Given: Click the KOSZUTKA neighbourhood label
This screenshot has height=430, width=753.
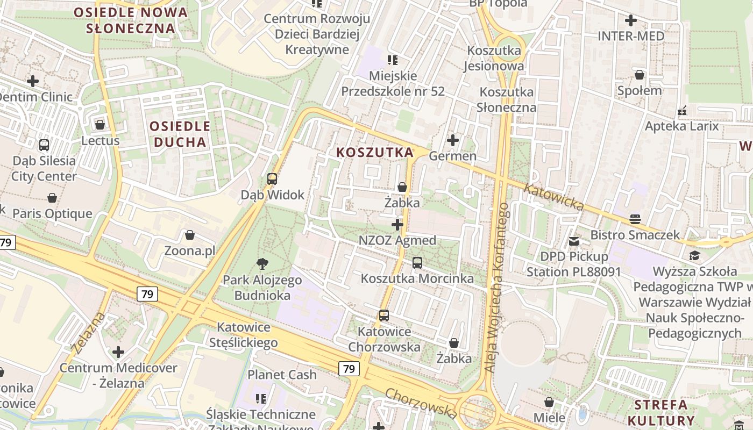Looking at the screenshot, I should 375,153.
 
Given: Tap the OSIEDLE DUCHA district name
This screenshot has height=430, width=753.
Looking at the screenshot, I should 180,134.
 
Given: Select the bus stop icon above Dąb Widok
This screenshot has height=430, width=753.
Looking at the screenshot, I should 272,179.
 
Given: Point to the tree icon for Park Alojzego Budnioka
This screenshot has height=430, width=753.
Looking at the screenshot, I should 262,263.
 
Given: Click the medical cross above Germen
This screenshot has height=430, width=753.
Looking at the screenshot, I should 453,140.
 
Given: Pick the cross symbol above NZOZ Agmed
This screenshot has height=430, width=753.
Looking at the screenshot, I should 397,224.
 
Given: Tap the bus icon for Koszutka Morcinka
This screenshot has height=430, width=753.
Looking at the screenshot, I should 417,263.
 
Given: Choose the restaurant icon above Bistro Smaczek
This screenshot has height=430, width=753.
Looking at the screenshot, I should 635,219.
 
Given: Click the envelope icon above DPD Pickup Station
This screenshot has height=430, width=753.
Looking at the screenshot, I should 574,241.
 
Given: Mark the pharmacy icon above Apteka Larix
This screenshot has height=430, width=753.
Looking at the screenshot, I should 682,111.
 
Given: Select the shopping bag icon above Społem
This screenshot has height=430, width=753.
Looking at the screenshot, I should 640,75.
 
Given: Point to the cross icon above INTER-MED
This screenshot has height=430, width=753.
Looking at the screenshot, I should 631,20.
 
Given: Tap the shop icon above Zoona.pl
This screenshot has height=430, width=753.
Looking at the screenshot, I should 189,235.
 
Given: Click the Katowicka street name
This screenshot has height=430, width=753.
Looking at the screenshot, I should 554,197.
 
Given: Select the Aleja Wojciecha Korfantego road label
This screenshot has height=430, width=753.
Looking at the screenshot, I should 495,288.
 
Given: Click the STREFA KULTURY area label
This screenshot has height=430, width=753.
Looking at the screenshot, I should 661,412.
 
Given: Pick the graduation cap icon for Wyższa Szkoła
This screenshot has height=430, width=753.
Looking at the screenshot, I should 694,255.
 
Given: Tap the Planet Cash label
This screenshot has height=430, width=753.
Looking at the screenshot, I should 282,375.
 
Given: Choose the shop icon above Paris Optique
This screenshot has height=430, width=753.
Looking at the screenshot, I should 52,198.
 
